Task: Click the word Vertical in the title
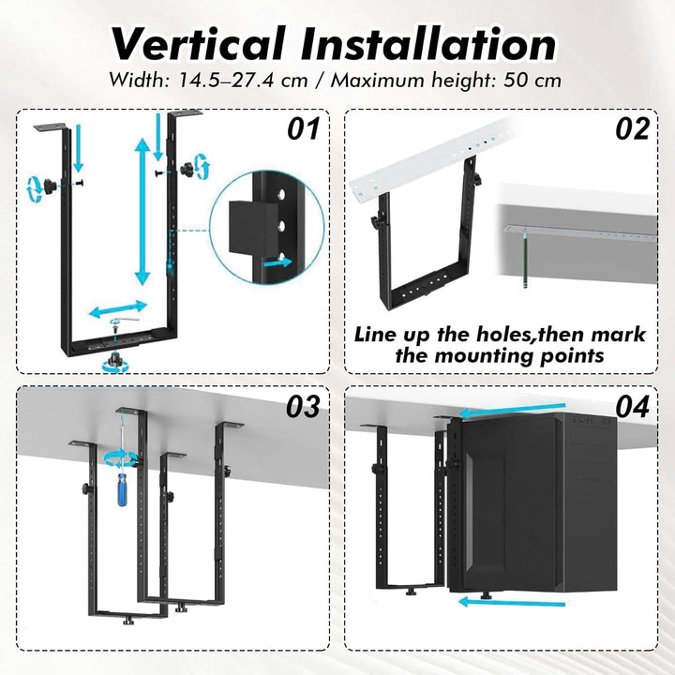199,44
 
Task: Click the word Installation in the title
428,44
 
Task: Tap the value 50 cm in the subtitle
532,81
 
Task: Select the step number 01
304,128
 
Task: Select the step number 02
632,128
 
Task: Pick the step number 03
304,406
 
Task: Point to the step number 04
632,406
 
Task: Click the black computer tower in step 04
532,502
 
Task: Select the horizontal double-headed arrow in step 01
118,309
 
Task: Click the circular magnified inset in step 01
267,227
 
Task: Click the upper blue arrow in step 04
512,410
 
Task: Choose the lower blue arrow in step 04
512,602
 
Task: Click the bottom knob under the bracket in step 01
115,358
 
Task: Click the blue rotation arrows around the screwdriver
121,458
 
